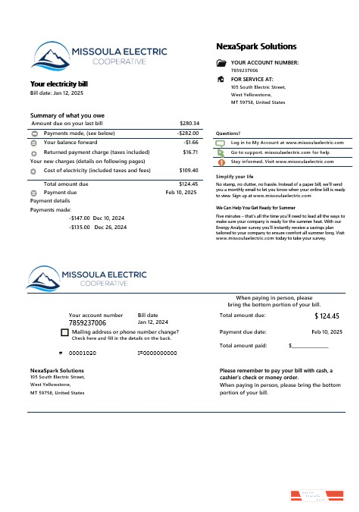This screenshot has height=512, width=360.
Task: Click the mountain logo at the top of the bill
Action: point(49,55)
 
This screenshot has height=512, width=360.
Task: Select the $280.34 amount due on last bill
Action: point(189,123)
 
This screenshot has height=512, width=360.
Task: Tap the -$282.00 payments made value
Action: point(187,133)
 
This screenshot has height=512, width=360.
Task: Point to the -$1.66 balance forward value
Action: point(191,142)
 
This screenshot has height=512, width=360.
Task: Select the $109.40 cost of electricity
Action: point(189,171)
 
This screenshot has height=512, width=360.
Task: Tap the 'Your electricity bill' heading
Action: point(59,84)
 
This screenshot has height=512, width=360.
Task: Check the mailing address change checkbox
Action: point(64,332)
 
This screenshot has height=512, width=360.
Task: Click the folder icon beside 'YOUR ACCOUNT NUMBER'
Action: point(221,63)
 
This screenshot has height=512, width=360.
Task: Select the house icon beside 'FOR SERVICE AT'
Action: point(221,79)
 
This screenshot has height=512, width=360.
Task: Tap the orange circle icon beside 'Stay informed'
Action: point(221,162)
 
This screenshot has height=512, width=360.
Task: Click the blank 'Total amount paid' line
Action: point(310,346)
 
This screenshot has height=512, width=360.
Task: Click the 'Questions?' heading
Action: point(228,133)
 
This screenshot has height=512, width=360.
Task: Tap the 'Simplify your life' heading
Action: point(234,176)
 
